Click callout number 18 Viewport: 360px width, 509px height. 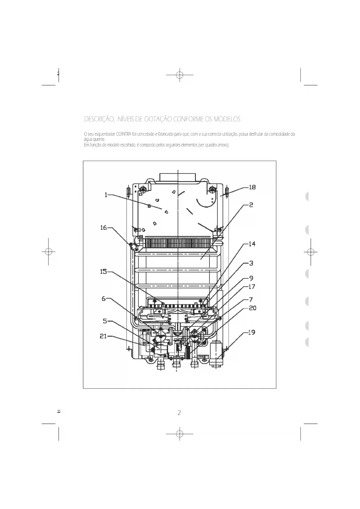coord(252,187)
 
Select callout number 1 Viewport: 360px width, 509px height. coord(106,195)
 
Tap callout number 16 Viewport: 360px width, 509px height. coord(104,228)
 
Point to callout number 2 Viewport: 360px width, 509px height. coord(251,205)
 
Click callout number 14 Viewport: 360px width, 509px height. coord(252,244)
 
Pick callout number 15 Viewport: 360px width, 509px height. coord(104,272)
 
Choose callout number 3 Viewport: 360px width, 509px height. coord(251,263)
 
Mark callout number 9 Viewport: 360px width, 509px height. coord(251,278)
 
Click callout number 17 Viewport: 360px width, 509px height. coord(252,287)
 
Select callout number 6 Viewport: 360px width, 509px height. coord(104,299)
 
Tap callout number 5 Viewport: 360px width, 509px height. coord(105,321)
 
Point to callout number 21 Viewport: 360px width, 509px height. coord(104,336)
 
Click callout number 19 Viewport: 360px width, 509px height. coord(252,332)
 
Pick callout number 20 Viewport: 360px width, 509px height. coord(252,308)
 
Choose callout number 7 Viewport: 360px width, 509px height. coord(251,300)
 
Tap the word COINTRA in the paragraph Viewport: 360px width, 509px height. coord(123,134)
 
